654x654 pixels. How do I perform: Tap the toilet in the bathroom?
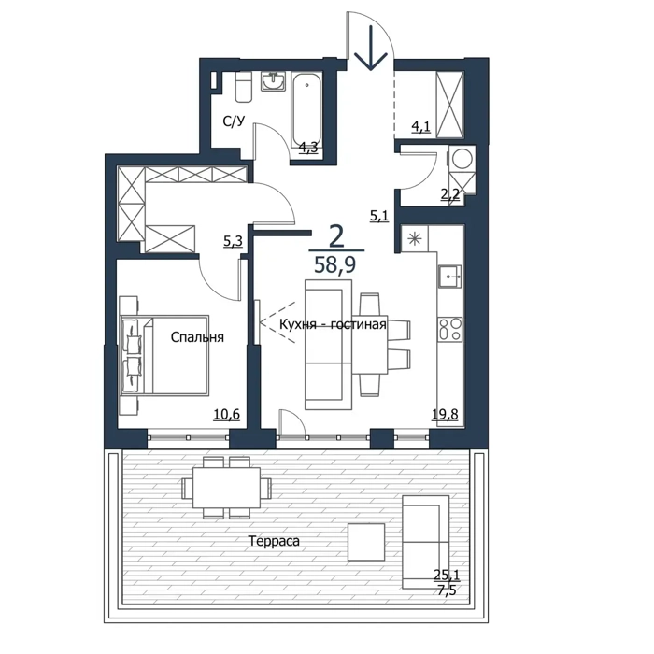(x=243, y=87)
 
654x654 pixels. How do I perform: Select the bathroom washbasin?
(x=274, y=81)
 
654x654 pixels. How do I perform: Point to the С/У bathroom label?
(x=234, y=121)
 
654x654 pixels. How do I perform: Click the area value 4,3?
(x=309, y=148)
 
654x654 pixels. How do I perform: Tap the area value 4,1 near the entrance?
(x=420, y=126)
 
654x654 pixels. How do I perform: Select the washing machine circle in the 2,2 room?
(x=462, y=159)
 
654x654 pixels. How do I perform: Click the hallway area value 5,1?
(x=379, y=216)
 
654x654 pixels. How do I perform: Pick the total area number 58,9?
(x=334, y=264)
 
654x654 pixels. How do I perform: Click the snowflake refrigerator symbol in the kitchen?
(x=415, y=239)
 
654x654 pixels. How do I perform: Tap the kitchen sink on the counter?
(x=449, y=277)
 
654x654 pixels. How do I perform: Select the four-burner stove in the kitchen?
(x=450, y=330)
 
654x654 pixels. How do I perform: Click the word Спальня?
(x=197, y=337)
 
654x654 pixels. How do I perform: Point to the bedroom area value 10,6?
(x=227, y=414)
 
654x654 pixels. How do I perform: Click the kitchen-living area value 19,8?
(x=445, y=414)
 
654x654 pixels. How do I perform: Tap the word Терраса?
(x=274, y=541)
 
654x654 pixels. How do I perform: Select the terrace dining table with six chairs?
(x=226, y=487)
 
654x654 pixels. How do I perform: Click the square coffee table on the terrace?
(x=366, y=542)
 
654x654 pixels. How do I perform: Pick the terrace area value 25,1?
(x=447, y=576)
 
